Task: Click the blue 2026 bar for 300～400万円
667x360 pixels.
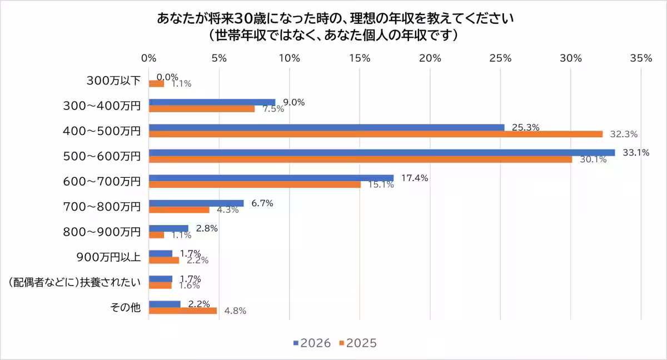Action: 212,102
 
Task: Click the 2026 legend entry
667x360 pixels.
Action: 312,343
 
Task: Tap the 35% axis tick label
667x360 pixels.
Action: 641,58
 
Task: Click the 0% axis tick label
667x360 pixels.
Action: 149,58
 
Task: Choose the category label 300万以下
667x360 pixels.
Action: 113,81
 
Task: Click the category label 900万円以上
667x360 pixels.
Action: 108,257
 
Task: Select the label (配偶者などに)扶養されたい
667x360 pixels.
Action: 74,282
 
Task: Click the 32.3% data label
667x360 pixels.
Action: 623,134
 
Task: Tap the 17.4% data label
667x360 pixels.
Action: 415,178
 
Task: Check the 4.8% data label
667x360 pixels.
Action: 235,311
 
